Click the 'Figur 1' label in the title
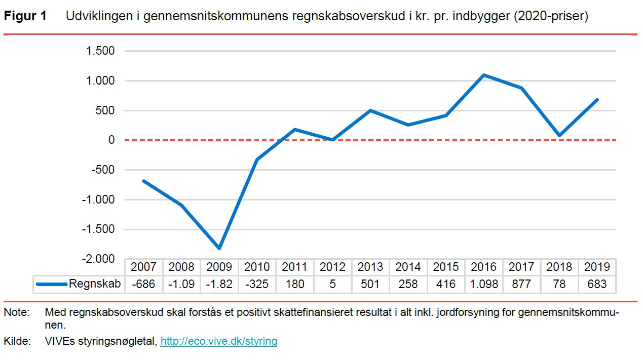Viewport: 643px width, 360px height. click(25, 16)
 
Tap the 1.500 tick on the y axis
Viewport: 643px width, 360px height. click(100, 51)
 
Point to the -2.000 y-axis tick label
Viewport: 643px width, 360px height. click(98, 259)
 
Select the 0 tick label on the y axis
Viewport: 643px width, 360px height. click(111, 140)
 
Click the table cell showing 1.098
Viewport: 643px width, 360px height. click(483, 284)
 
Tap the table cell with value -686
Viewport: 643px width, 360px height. click(143, 284)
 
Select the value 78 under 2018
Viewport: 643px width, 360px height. click(559, 284)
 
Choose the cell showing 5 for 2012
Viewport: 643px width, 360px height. click(332, 284)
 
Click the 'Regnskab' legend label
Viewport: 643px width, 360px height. click(95, 284)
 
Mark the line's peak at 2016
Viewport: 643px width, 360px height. click(484, 75)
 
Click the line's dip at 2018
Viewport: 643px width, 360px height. click(559, 136)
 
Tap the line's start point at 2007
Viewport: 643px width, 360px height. click(143, 181)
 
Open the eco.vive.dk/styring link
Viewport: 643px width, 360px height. click(219, 341)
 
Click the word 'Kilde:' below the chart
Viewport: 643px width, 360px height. click(16, 341)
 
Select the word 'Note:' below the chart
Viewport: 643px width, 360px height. click(16, 313)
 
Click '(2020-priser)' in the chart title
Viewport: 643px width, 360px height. click(551, 16)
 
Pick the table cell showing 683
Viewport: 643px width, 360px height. click(597, 284)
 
